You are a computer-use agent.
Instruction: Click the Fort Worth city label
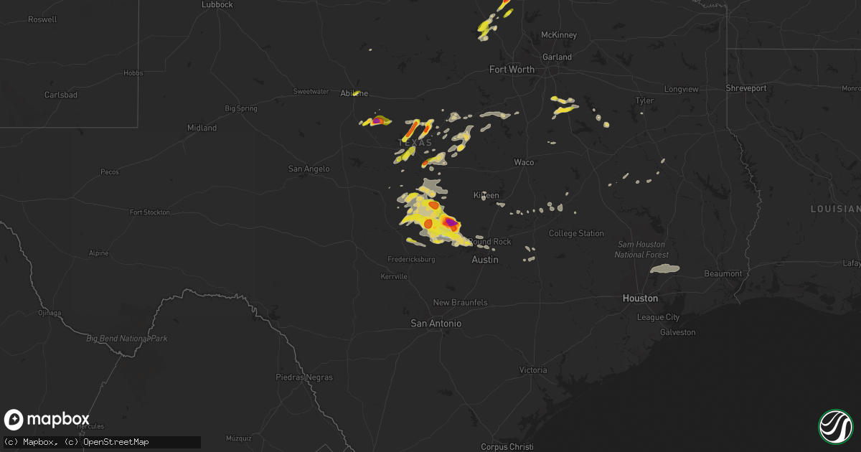click(x=512, y=70)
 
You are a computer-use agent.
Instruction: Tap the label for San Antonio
click(x=436, y=324)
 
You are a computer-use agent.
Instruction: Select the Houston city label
click(x=640, y=298)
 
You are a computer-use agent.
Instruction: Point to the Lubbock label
click(x=217, y=4)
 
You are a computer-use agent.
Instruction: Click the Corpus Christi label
click(x=507, y=447)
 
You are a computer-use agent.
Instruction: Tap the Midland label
click(x=202, y=128)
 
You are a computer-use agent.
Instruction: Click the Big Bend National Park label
click(x=126, y=338)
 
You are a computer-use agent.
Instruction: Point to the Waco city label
click(x=524, y=162)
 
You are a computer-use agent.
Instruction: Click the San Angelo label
click(x=309, y=169)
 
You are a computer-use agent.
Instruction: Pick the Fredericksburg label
click(x=411, y=259)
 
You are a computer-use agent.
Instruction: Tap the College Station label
click(x=576, y=233)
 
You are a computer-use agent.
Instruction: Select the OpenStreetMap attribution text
click(x=116, y=441)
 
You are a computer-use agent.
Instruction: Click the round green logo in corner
click(x=835, y=426)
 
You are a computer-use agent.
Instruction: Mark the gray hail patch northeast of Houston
click(x=664, y=269)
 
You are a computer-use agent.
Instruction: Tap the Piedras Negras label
click(x=304, y=377)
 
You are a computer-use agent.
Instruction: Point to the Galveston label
click(x=677, y=332)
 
